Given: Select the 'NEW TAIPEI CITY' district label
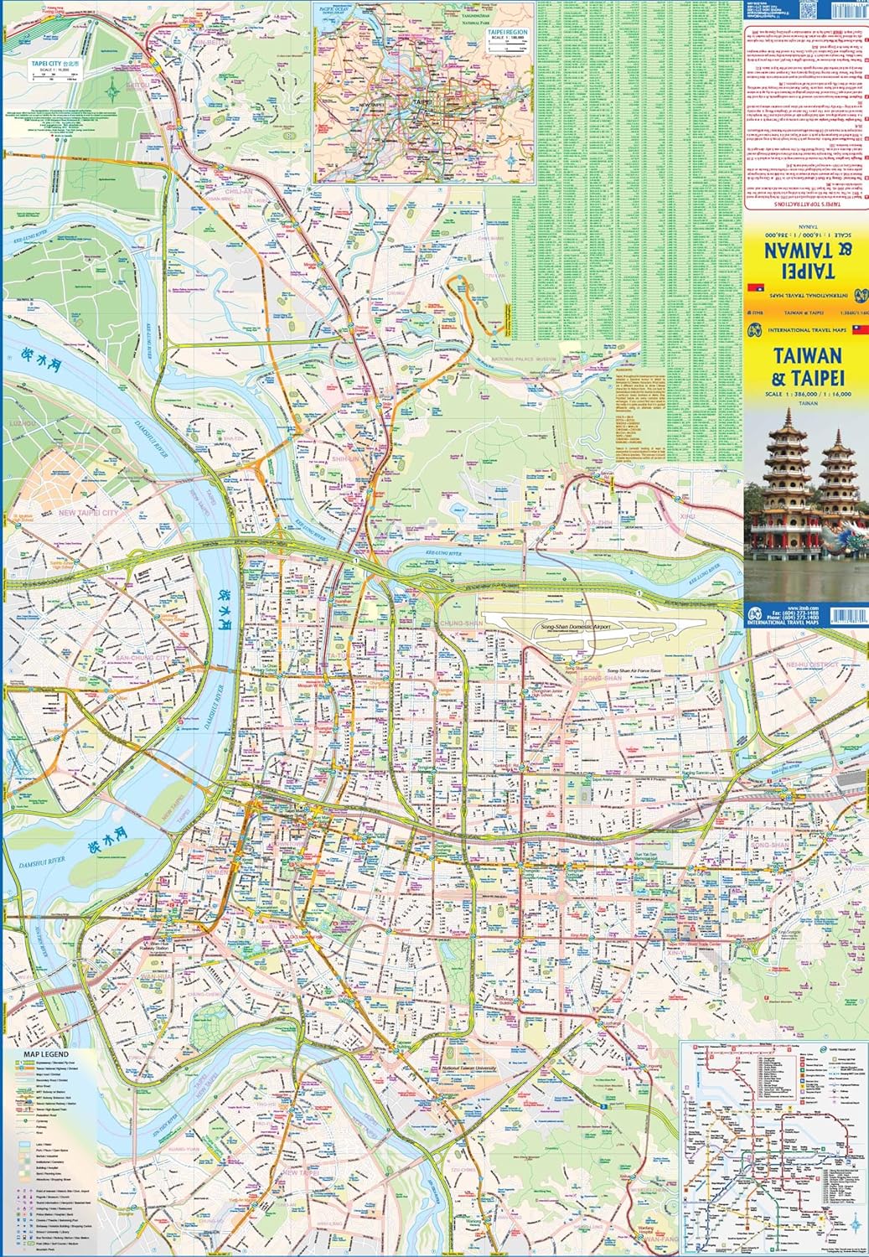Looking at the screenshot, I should click(x=88, y=512).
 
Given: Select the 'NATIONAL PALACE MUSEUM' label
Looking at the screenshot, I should click(x=525, y=360).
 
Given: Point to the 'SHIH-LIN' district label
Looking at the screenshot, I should click(x=345, y=459).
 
